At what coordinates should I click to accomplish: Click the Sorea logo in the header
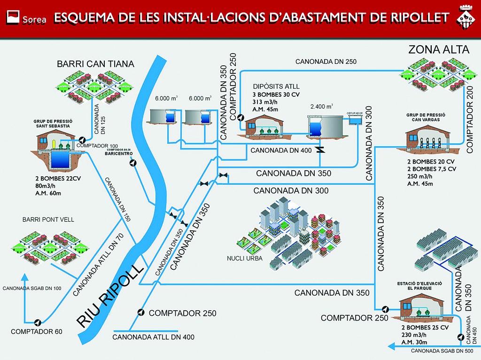[25, 17]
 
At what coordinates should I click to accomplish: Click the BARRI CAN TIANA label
[96, 63]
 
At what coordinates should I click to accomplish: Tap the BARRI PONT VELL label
[48, 219]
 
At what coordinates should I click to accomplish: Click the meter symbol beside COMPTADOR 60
[37, 322]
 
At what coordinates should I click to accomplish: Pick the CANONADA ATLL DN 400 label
[154, 337]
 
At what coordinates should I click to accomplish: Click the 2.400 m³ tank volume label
[322, 106]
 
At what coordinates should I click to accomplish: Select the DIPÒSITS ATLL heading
[276, 86]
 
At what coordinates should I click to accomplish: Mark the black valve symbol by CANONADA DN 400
[320, 150]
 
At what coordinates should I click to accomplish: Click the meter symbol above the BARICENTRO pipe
[133, 163]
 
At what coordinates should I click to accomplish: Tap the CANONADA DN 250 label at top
[326, 62]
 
